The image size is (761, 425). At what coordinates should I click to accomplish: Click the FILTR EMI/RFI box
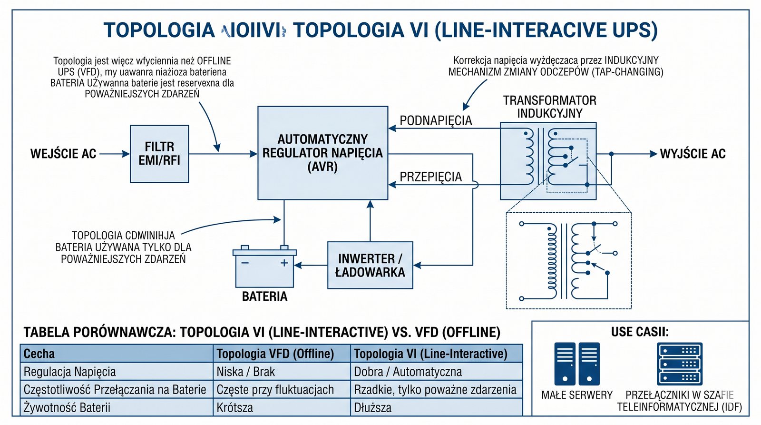[159, 154]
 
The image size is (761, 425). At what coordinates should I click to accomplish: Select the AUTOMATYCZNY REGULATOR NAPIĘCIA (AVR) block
[322, 153]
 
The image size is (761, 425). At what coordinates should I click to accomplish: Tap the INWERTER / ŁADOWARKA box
[370, 265]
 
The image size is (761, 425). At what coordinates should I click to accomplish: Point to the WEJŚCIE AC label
[63, 154]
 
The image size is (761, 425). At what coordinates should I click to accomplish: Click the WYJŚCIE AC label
[693, 154]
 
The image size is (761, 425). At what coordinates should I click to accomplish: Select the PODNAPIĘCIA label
[436, 120]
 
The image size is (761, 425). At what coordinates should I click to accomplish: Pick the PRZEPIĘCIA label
[430, 177]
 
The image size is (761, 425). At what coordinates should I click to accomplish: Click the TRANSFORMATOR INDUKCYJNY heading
[549, 107]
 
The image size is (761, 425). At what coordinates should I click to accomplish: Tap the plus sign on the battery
[284, 263]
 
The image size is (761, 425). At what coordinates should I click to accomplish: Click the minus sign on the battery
[245, 263]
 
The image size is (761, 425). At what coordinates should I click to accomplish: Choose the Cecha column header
[39, 354]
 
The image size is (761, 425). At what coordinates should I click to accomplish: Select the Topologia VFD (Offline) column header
[275, 354]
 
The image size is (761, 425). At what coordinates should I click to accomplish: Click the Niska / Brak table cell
[245, 372]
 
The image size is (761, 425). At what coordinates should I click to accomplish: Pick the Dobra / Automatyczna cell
[408, 372]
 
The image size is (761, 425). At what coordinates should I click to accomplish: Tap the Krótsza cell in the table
[234, 407]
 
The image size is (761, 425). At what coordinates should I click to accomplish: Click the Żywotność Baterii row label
[67, 407]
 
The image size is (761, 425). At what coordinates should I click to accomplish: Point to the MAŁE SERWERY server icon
[577, 364]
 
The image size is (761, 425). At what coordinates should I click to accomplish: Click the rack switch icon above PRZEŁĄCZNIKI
[680, 364]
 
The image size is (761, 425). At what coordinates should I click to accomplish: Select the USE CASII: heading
[639, 332]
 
